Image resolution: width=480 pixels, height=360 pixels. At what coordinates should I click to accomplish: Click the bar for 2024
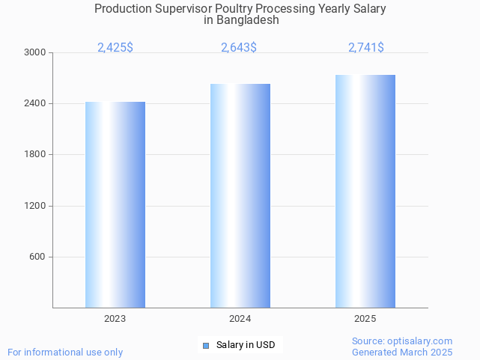pos(240,195)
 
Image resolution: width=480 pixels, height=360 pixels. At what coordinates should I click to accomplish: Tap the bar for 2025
pos(365,191)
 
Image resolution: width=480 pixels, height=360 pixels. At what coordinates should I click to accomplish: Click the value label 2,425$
pos(115,48)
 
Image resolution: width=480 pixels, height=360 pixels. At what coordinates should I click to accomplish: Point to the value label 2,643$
pos(239,48)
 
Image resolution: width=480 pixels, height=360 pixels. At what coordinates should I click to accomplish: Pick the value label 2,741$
pos(366,48)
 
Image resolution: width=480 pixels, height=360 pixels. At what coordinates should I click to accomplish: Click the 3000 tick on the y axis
pos(35,52)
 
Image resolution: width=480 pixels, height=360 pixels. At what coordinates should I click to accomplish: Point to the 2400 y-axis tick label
pos(35,103)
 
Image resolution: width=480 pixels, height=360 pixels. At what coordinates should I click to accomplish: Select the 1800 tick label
pos(35,155)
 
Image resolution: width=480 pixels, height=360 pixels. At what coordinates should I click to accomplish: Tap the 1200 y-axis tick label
pos(35,206)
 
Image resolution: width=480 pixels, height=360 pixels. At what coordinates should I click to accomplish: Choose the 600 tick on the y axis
pos(38,257)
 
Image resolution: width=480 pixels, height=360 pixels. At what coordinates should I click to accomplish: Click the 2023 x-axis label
pos(115,319)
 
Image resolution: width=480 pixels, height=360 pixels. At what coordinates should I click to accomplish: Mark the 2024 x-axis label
pos(240,319)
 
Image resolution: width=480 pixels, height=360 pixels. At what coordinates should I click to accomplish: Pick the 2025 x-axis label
pos(365,319)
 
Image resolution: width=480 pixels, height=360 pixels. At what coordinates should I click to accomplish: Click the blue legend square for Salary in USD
pos(206,345)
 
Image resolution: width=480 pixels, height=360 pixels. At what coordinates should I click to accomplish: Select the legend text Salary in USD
pos(246,345)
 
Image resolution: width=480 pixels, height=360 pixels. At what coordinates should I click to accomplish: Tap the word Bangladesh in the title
pos(248,20)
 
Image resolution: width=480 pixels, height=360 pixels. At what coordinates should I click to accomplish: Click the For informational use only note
pos(65,352)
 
